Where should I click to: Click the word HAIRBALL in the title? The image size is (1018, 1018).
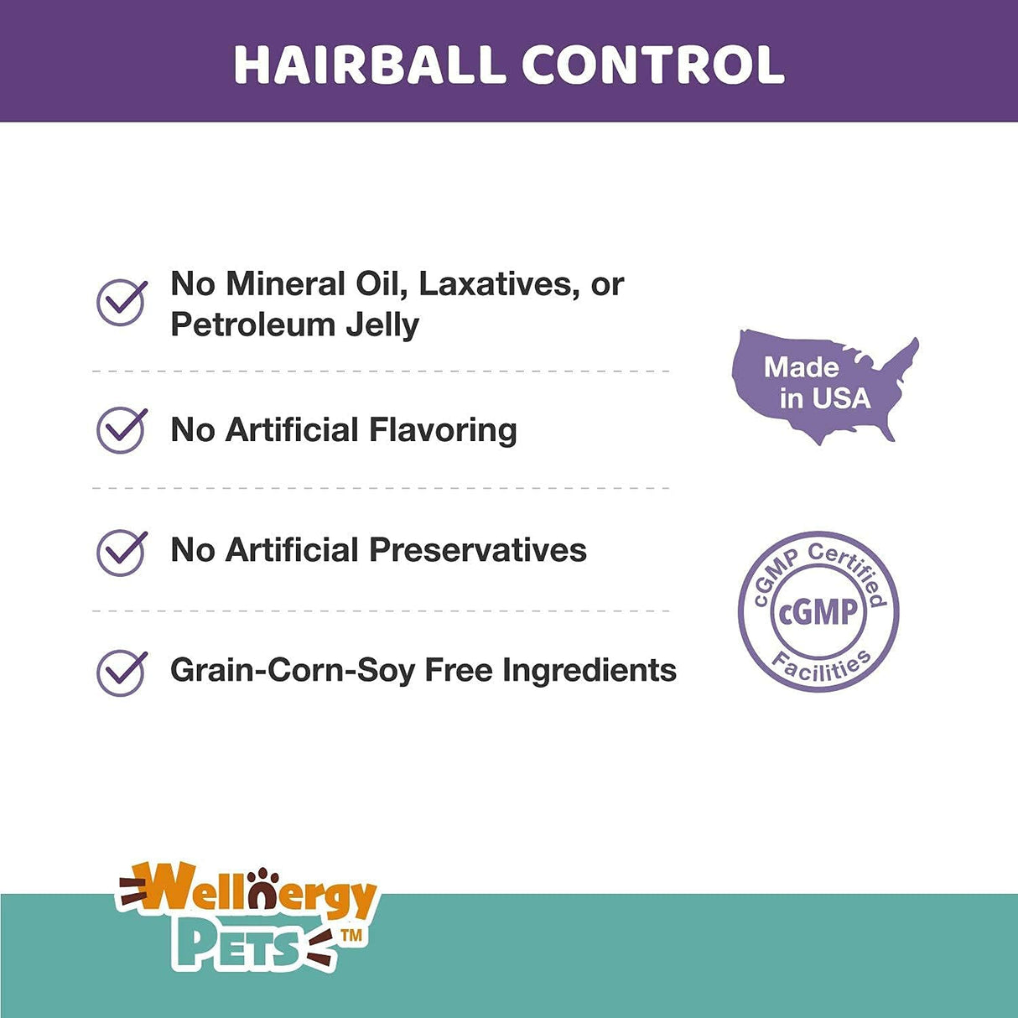click(x=369, y=65)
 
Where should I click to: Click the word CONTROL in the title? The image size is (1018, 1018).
click(x=653, y=65)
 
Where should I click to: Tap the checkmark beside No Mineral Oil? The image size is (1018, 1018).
click(x=122, y=302)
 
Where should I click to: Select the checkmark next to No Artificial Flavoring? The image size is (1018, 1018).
click(x=122, y=429)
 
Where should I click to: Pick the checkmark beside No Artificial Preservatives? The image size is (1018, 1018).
click(x=122, y=551)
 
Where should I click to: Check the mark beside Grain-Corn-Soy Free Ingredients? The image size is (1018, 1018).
click(x=122, y=672)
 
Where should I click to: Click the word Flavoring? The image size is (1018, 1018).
click(x=443, y=430)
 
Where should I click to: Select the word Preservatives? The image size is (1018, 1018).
click(x=478, y=550)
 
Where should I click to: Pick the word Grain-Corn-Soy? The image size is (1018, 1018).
click(x=293, y=671)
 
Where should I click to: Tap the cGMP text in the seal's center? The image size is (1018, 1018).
click(x=818, y=611)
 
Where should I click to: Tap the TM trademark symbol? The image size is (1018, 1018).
click(x=351, y=934)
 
